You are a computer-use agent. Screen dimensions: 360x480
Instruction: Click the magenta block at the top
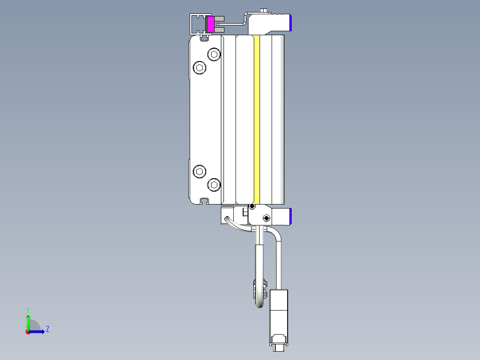211,24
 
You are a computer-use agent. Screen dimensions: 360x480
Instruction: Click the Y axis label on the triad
28,309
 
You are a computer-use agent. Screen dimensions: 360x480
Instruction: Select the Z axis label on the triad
47,329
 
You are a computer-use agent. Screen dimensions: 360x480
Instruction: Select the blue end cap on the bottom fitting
290,217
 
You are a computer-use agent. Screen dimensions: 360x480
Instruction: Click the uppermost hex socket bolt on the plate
215,54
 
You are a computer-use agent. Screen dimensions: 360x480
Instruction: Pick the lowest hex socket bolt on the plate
214,184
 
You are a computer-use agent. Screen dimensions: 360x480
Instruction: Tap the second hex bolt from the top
199,68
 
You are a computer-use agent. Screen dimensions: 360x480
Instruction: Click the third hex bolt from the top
199,171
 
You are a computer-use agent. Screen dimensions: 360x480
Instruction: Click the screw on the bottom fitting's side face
266,218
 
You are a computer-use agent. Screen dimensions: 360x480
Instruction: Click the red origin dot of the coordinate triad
28,331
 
